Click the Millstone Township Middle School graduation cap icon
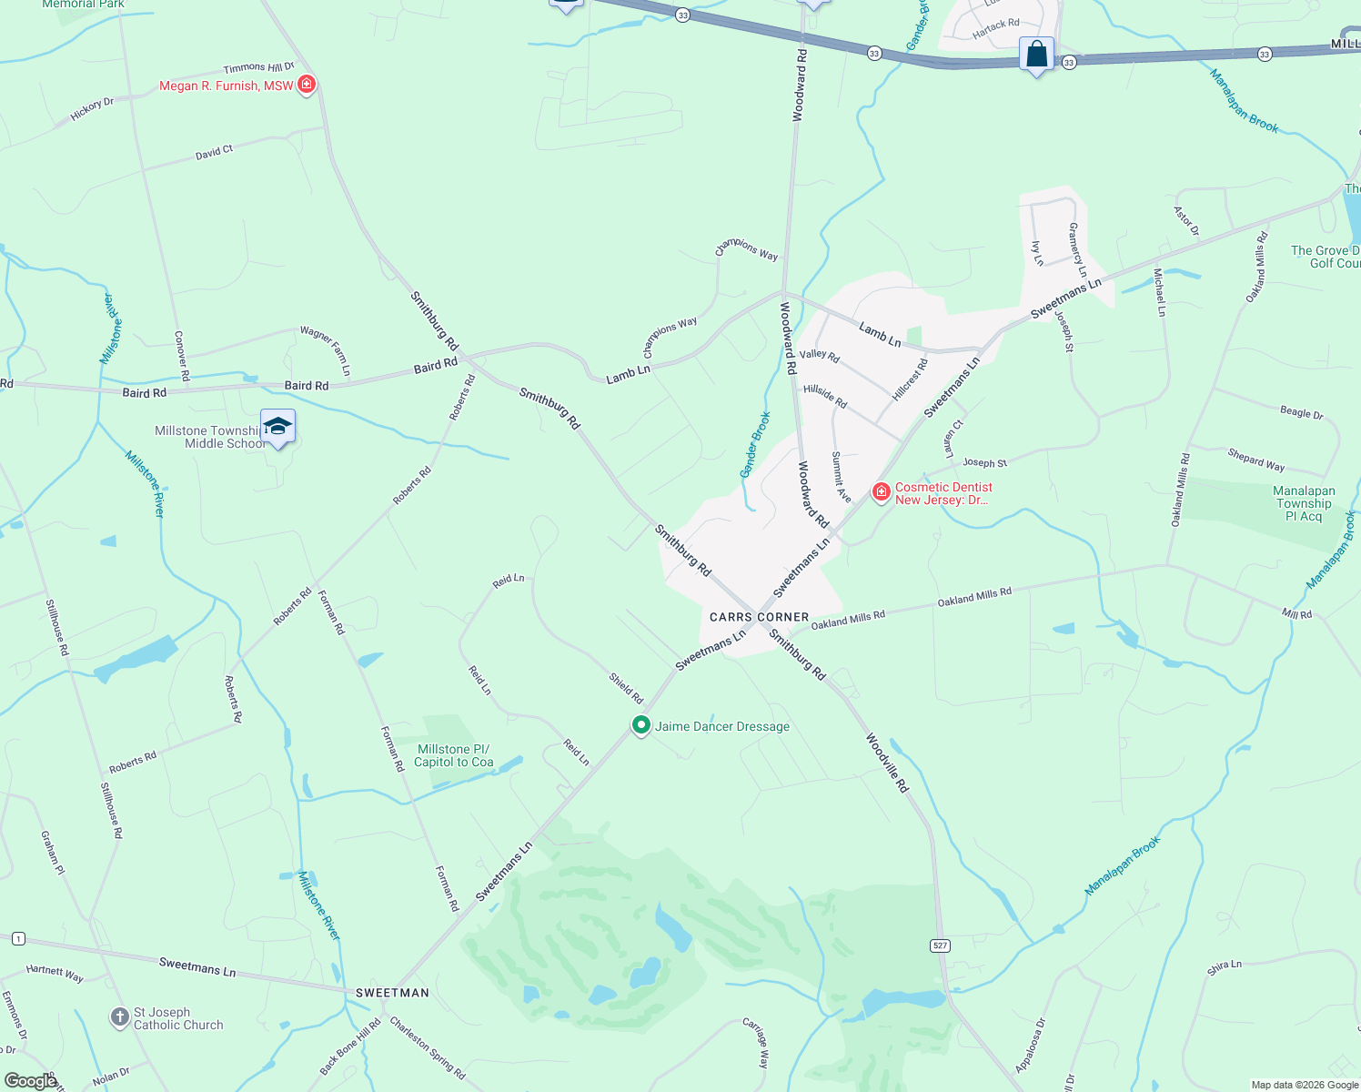(277, 426)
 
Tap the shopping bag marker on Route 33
(1036, 55)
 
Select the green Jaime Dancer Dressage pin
(641, 725)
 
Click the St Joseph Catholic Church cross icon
(119, 1017)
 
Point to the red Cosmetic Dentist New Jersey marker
(881, 492)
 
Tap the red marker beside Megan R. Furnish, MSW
(307, 85)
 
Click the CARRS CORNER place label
(759, 617)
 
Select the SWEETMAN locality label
(391, 993)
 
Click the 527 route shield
(941, 945)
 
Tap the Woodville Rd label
(887, 763)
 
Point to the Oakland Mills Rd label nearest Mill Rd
(974, 598)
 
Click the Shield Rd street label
(626, 689)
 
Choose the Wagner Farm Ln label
(326, 350)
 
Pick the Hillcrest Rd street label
(910, 379)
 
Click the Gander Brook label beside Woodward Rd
(755, 444)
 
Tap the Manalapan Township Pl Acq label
(1304, 503)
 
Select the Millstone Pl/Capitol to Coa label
(453, 755)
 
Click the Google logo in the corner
(30, 1081)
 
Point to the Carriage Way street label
(756, 1043)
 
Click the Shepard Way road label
(1255, 460)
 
